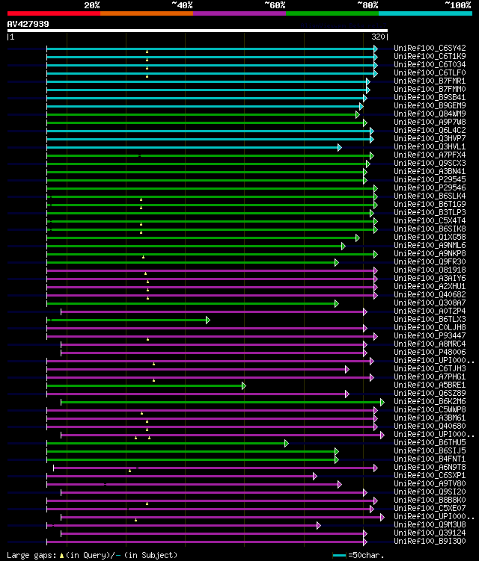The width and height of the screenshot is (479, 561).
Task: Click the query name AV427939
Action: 28,24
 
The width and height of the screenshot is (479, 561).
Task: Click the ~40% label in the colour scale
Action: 182,5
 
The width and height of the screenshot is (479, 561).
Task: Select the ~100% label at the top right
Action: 458,5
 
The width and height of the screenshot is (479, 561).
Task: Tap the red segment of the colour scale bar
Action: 53,13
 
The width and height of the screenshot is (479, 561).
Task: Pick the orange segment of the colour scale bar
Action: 146,13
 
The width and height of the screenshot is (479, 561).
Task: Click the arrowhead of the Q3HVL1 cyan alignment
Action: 339,147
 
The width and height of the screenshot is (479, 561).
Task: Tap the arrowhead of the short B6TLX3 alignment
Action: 207,320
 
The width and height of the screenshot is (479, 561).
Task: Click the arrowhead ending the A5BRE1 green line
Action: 243,385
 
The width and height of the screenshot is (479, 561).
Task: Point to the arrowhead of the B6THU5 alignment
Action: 286,443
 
